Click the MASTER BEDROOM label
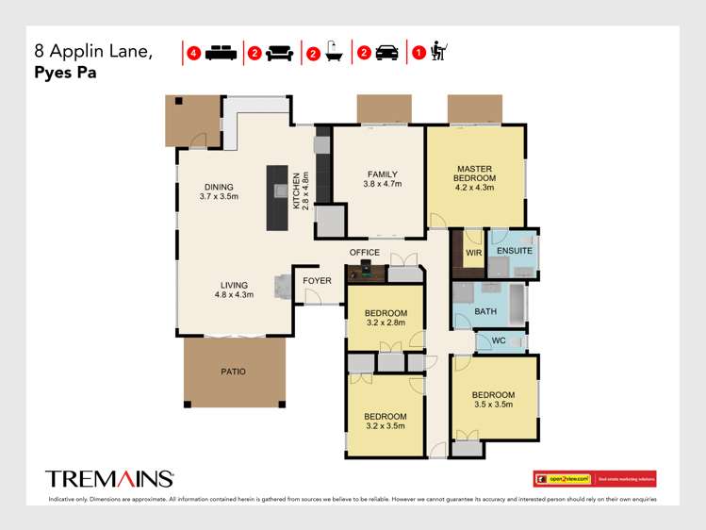click(475, 174)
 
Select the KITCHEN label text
click(296, 190)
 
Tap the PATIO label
click(233, 372)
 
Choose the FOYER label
click(317, 281)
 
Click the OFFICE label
click(365, 253)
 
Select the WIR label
click(472, 252)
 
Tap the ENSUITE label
click(516, 252)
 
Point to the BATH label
click(485, 310)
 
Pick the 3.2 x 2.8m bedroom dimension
click(386, 323)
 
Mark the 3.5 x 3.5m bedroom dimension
click(492, 404)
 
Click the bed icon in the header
click(220, 53)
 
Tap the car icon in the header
click(386, 53)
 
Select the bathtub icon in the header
click(334, 53)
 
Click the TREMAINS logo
click(109, 478)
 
